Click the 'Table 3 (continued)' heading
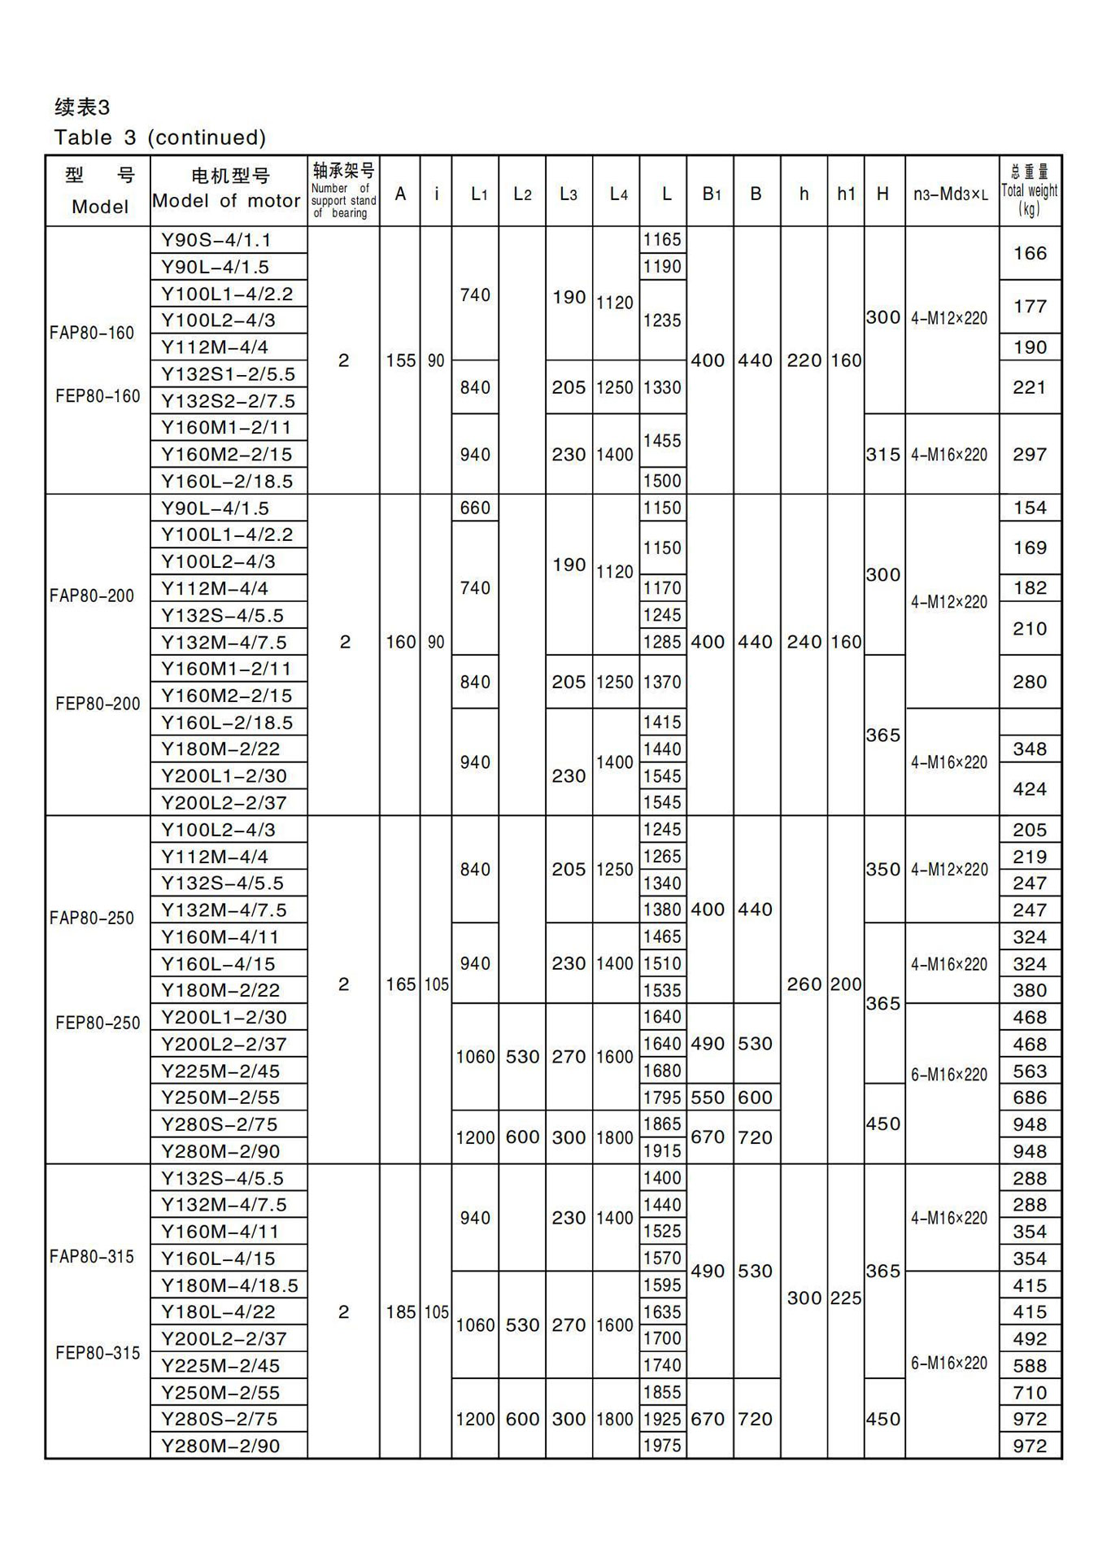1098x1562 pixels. pos(159,137)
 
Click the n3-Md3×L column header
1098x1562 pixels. pos(950,194)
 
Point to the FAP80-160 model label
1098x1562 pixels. pos(91,333)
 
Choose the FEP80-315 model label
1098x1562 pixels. pos(98,1353)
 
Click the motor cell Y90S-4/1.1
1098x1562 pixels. pos(216,240)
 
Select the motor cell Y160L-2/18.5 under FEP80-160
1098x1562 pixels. pos(227,481)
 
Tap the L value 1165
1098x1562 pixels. pos(661,239)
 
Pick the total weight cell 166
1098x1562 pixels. pos(1029,253)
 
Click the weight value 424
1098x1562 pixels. pos(1029,788)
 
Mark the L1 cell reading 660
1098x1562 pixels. pos(474,508)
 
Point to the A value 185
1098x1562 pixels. pos(400,1311)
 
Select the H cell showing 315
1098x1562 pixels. pos(882,454)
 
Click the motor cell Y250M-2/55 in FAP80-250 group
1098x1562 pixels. pos(220,1097)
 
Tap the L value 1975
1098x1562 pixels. pos(661,1446)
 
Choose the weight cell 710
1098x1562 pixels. pos(1029,1392)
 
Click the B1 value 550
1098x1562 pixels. pos(708,1097)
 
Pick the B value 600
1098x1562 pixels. pos(755,1097)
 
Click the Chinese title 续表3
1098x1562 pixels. pos(81,107)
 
